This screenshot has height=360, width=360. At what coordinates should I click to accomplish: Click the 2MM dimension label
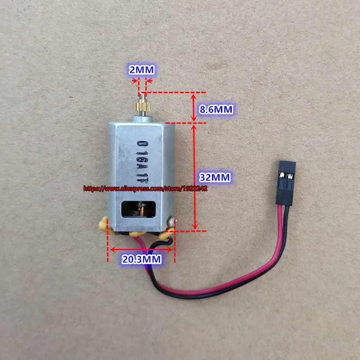(142, 70)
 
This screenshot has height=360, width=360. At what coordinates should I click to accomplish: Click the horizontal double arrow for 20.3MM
(141, 248)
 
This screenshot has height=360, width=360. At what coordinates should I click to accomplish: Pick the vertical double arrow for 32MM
(194, 176)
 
